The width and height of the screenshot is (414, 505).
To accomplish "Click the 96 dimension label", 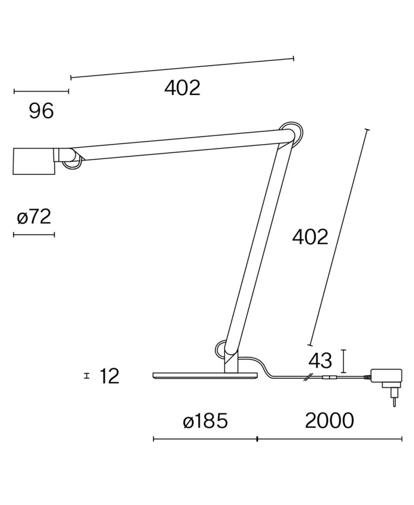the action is (x=41, y=111).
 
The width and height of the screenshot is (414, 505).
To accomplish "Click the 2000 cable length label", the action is (x=329, y=421).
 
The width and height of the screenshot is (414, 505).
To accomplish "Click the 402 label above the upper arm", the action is (x=182, y=88).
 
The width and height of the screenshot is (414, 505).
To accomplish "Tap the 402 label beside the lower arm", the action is (x=310, y=237).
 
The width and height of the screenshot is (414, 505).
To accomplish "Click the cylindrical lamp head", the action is (x=34, y=162).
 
